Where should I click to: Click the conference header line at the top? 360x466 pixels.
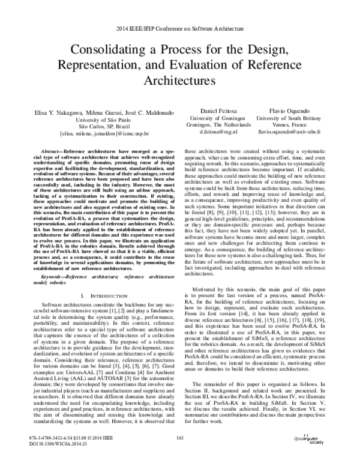179,29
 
